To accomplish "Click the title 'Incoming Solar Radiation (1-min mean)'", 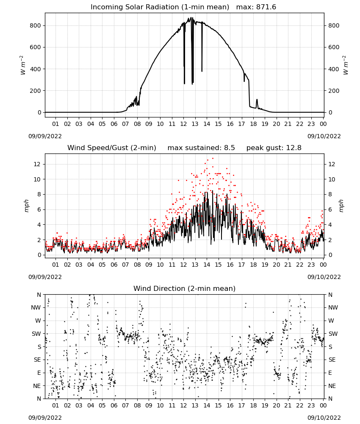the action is coord(160,7).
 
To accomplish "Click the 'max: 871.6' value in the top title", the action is coord(256,7).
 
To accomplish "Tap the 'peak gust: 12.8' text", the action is coord(274,148).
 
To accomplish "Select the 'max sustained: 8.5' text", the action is coord(201,148).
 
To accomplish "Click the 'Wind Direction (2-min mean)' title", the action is coord(185,288).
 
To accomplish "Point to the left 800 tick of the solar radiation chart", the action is coord(36,26).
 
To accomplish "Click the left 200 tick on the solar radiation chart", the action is coord(36,91).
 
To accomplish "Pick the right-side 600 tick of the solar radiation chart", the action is coord(334,47).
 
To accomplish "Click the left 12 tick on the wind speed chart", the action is coord(37,164).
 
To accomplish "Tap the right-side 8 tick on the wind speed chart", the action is coord(330,195).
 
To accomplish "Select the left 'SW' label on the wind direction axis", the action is coord(36,334).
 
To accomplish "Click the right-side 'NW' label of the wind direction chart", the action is coord(333,308).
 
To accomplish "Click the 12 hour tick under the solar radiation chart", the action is coord(184,124).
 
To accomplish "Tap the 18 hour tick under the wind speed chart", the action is coord(253,265).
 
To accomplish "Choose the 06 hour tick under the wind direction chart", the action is coord(114,405).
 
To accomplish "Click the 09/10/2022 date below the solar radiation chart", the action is coord(324,136).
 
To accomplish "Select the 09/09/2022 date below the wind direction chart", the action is coord(45,418).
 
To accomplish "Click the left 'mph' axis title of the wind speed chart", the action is coord(26,206).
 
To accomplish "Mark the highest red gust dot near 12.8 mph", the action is coord(213,159).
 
